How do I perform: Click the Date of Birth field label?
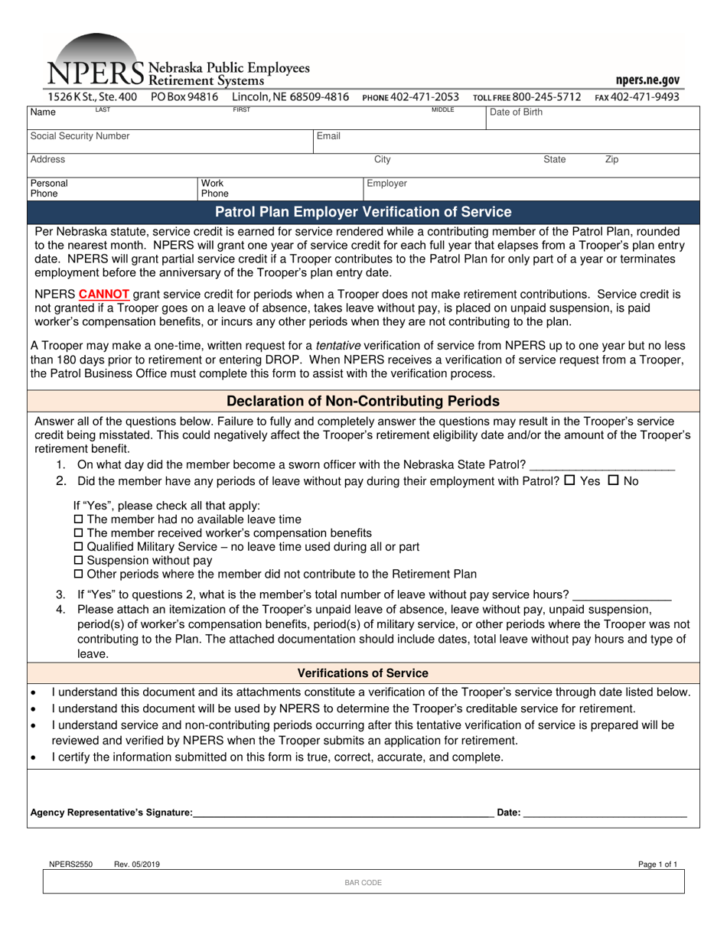(516, 112)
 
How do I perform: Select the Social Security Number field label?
(80, 136)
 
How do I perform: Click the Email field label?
(328, 136)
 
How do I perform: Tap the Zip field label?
(611, 160)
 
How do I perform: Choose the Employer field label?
(386, 184)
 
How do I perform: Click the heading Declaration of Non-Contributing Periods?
(363, 401)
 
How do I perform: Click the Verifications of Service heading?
(363, 673)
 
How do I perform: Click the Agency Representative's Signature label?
(111, 812)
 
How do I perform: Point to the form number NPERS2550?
(70, 864)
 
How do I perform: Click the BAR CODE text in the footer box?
(363, 883)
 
